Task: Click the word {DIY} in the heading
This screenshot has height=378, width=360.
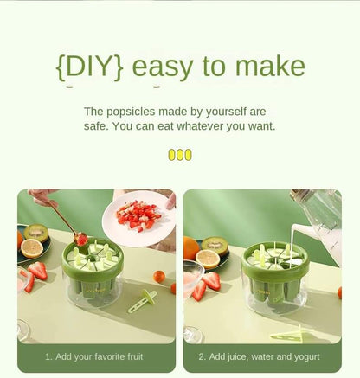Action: [x=90, y=67]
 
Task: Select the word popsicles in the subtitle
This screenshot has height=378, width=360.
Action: [x=131, y=112]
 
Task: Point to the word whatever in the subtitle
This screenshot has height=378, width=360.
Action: [x=200, y=126]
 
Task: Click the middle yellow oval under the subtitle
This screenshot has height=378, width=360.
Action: [x=180, y=155]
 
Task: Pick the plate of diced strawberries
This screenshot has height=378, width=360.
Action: [x=138, y=218]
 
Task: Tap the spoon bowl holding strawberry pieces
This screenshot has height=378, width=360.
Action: [x=80, y=239]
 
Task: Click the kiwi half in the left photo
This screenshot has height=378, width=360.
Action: [x=35, y=233]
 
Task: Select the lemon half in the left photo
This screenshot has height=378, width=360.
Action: [x=32, y=248]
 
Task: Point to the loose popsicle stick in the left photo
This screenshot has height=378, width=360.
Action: [x=142, y=301]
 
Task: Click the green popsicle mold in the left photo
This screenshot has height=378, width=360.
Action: [x=93, y=271]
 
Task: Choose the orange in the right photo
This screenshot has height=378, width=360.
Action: [x=191, y=248]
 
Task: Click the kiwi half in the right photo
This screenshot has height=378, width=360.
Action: [x=214, y=246]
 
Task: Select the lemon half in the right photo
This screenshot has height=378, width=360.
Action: [x=208, y=259]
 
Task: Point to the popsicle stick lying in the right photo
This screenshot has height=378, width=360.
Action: [x=292, y=334]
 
